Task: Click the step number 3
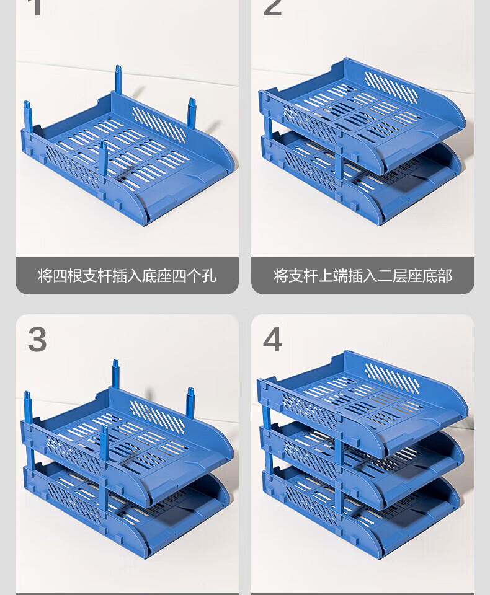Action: tap(37, 340)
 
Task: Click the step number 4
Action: tap(272, 340)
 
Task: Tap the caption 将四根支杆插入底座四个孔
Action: tap(127, 276)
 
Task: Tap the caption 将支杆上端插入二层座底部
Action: tap(363, 276)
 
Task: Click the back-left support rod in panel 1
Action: tap(28, 116)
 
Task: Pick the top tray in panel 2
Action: tap(362, 114)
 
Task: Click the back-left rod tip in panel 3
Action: tap(27, 396)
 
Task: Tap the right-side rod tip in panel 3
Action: tap(190, 392)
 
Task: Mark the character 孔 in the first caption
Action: tap(209, 276)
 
